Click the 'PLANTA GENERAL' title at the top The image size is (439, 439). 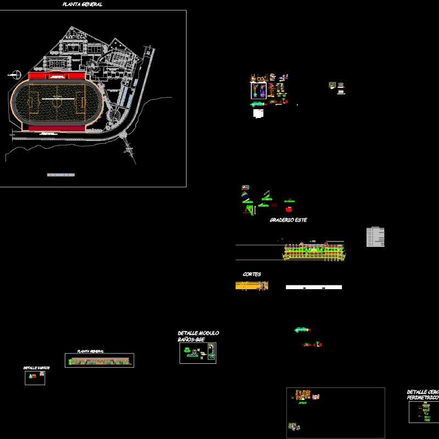pyautogui.click(x=82, y=4)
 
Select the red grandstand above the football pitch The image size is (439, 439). pyautogui.click(x=57, y=76)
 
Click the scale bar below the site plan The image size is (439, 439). pyautogui.click(x=60, y=175)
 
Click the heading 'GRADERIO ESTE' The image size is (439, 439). pyautogui.click(x=288, y=220)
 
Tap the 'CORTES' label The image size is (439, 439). pyautogui.click(x=252, y=274)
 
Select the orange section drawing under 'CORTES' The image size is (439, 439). pyautogui.click(x=252, y=285)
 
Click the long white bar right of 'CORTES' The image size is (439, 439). pyautogui.click(x=313, y=287)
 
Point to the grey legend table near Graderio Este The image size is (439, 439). pyautogui.click(x=375, y=237)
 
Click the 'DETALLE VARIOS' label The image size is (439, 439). pyautogui.click(x=36, y=368)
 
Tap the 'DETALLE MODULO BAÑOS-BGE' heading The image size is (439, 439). pyautogui.click(x=198, y=336)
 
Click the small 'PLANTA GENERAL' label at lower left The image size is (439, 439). pyautogui.click(x=91, y=351)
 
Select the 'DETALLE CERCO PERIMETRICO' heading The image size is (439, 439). pyautogui.click(x=423, y=395)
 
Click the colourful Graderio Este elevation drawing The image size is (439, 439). pyautogui.click(x=315, y=251)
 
